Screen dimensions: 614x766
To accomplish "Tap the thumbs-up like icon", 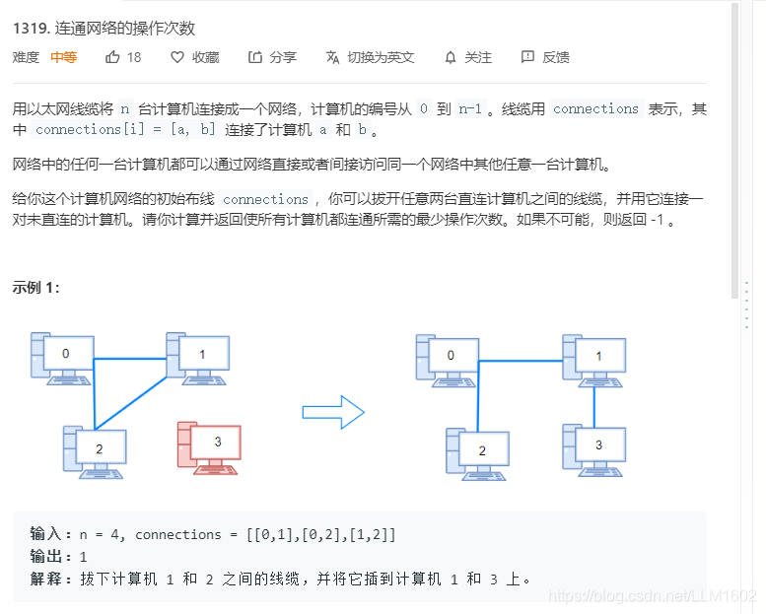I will [x=112, y=57].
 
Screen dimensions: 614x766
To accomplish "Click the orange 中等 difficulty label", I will [x=64, y=57].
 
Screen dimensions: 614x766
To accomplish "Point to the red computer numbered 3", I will [x=209, y=445].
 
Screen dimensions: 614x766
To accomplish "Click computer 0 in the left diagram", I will [x=63, y=357].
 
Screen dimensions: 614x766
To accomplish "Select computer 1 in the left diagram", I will [x=198, y=358].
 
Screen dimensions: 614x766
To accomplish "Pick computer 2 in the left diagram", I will [x=95, y=451].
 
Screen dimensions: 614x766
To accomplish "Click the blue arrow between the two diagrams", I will [x=333, y=412].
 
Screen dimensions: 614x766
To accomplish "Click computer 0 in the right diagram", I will [x=448, y=359].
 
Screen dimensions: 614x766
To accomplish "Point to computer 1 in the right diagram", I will [x=594, y=360].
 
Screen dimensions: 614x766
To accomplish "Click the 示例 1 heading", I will [x=35, y=288].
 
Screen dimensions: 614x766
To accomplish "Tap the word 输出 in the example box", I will [x=45, y=557].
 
